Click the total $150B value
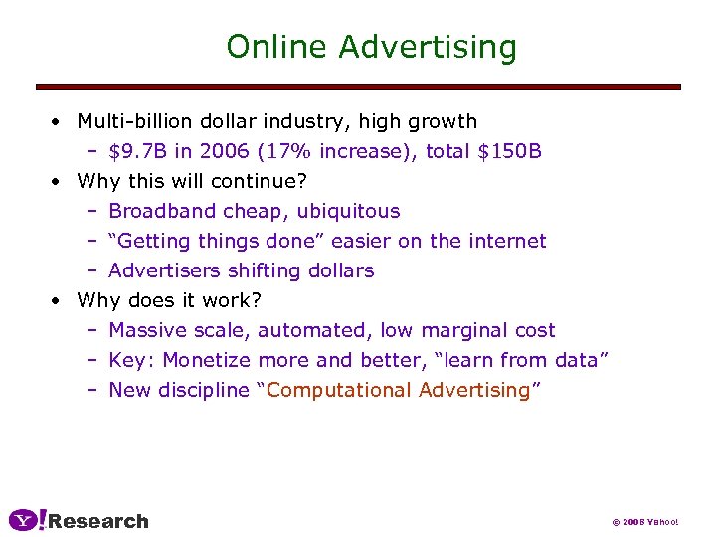tap(509, 151)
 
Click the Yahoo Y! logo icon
tap(27, 520)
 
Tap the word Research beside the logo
tap(98, 521)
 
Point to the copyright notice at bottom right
tap(643, 522)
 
